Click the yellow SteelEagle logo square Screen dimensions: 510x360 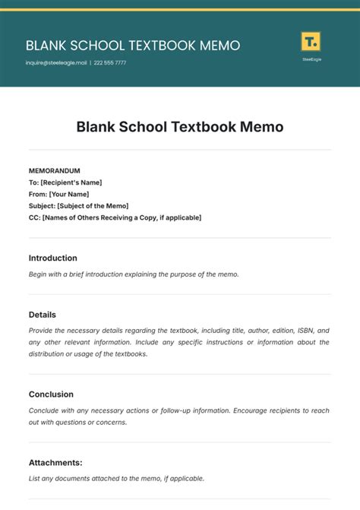pos(311,41)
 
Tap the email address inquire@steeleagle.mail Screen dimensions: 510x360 pos(56,63)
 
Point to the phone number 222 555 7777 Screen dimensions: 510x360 pos(109,63)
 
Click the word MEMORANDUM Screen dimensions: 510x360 pos(54,171)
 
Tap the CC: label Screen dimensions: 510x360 pos(34,217)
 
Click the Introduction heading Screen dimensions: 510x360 pos(52,258)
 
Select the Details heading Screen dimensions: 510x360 pos(43,315)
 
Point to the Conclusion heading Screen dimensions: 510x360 pos(51,394)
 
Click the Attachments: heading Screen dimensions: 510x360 pos(55,462)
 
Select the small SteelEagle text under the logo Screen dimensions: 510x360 pos(311,59)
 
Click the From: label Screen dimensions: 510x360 pos(38,194)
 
